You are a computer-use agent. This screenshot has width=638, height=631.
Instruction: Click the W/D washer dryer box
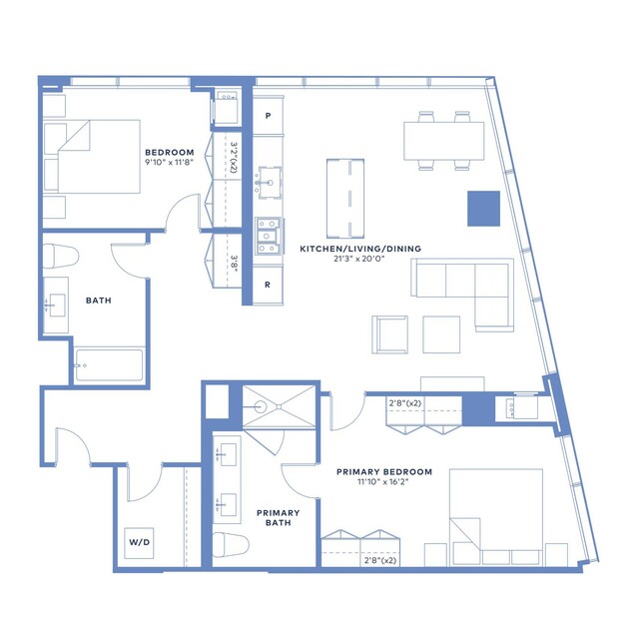(x=139, y=543)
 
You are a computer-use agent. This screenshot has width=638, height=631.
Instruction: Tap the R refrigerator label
(x=268, y=285)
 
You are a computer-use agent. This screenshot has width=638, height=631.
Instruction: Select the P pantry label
(x=269, y=116)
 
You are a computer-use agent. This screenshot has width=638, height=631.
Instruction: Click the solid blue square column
(x=483, y=209)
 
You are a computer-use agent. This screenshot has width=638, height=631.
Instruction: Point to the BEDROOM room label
(x=170, y=153)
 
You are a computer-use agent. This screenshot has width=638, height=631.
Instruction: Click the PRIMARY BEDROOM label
(x=384, y=472)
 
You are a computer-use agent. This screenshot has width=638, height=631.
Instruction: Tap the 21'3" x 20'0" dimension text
(x=359, y=259)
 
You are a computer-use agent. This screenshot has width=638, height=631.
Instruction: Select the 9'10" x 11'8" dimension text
(x=169, y=163)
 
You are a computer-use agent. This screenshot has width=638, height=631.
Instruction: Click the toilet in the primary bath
(x=231, y=545)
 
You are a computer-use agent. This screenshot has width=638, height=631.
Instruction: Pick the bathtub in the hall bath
(x=109, y=365)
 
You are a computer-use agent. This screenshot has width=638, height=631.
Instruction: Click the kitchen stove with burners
(x=268, y=236)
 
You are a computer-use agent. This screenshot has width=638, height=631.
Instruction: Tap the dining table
(x=444, y=141)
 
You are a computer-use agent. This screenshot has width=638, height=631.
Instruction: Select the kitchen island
(x=345, y=199)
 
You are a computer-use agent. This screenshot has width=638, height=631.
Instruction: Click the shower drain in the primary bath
(x=279, y=406)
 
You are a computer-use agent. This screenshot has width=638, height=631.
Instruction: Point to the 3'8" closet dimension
(x=234, y=264)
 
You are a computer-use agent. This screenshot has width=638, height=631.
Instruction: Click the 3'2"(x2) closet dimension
(x=234, y=157)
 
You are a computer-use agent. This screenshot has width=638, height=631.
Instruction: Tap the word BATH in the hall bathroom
(x=99, y=301)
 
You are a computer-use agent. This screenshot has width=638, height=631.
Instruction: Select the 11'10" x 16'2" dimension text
(x=382, y=481)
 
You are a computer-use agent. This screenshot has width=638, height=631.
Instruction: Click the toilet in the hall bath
(x=60, y=257)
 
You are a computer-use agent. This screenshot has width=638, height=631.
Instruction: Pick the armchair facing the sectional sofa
(x=389, y=334)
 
